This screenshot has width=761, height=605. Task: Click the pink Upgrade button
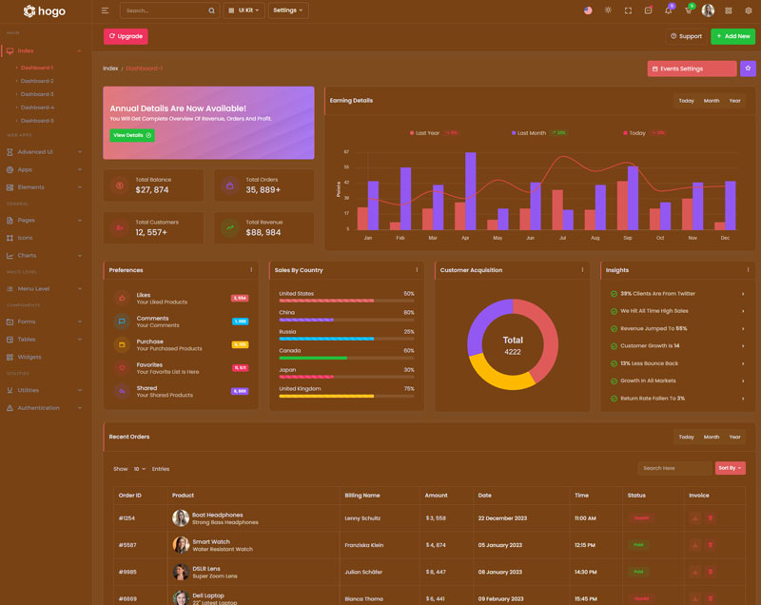(126, 36)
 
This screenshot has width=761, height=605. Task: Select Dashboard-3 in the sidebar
(37, 94)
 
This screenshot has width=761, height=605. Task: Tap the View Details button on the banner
(131, 135)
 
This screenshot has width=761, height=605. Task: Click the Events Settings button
(692, 68)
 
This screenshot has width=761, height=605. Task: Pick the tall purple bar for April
(470, 191)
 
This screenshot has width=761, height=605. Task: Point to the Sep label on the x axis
(628, 238)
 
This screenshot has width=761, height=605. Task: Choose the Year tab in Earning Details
(734, 101)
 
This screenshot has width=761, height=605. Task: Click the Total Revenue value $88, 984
(263, 232)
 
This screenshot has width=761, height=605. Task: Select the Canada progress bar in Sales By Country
(346, 358)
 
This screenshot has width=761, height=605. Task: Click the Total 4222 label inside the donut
(513, 345)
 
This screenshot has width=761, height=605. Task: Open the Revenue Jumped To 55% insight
(675, 328)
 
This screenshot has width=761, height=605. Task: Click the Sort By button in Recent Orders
(731, 468)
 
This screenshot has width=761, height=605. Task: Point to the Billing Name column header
(362, 495)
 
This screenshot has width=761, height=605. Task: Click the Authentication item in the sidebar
(38, 407)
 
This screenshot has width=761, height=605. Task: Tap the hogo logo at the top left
(45, 11)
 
